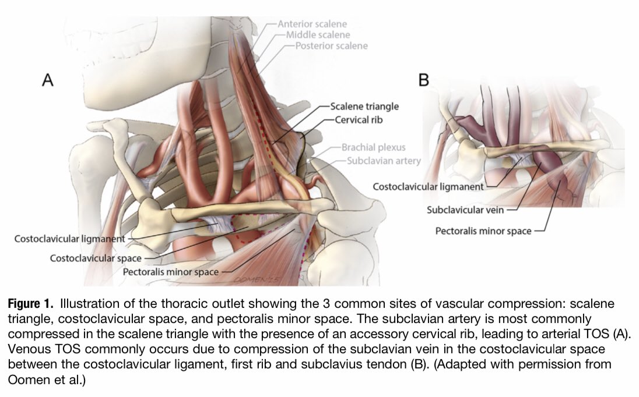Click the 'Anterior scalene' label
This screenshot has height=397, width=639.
312,24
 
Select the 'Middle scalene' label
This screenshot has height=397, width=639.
317,35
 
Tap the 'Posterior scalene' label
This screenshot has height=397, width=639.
332,46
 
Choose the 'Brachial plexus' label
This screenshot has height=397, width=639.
373,148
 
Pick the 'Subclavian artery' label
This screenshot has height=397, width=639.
384,160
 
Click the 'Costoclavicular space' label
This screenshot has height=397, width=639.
96,258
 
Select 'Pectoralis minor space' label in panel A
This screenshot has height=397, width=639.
171,272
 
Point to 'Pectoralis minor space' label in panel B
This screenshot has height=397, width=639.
483,231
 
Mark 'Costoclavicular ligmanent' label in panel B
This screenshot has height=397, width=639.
428,187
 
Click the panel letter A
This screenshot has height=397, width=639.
48,80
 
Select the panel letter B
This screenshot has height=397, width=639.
424,80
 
